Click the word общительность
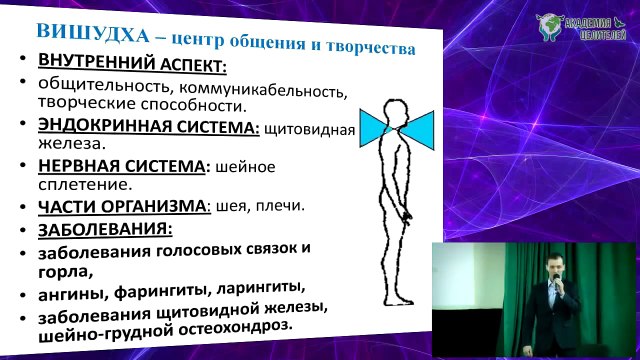coord(104,86)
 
